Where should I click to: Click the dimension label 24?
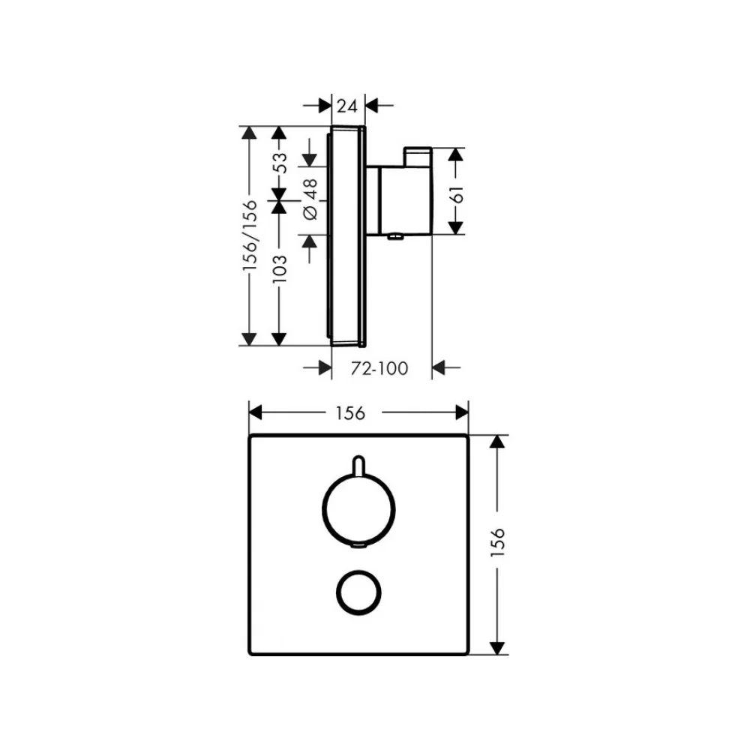[346, 106]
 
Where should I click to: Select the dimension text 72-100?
[379, 368]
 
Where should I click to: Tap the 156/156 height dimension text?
[249, 235]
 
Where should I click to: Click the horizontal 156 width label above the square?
[350, 412]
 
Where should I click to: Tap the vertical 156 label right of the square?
[497, 542]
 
